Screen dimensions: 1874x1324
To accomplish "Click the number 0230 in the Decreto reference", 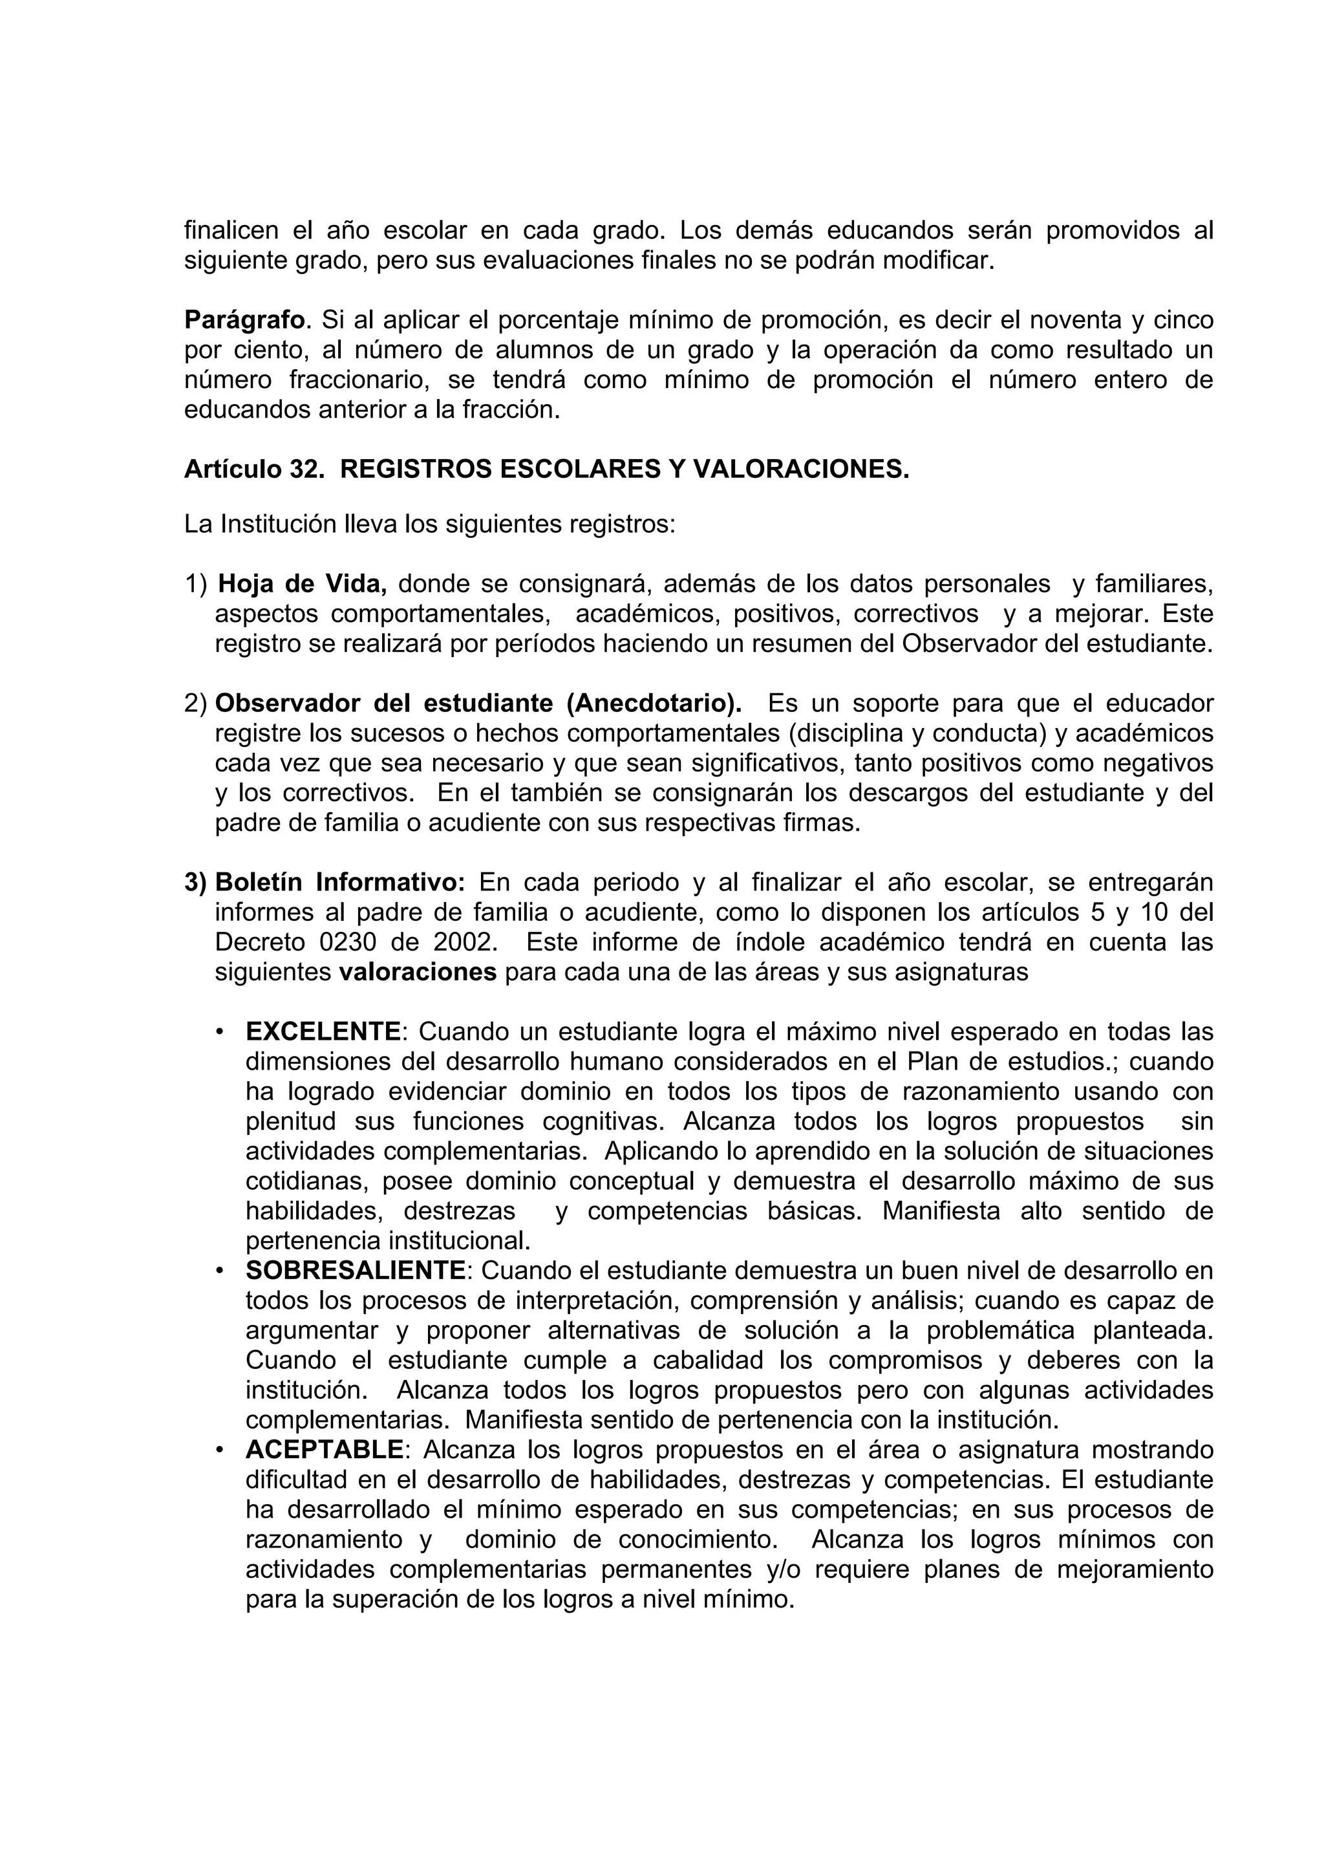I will (x=348, y=943).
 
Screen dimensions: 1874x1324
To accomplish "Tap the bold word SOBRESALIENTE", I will (x=355, y=1271).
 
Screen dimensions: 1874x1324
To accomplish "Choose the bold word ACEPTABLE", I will (x=324, y=1450).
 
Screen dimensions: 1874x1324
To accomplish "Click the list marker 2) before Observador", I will (x=196, y=704).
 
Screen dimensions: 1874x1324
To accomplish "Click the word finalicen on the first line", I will (x=231, y=231).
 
